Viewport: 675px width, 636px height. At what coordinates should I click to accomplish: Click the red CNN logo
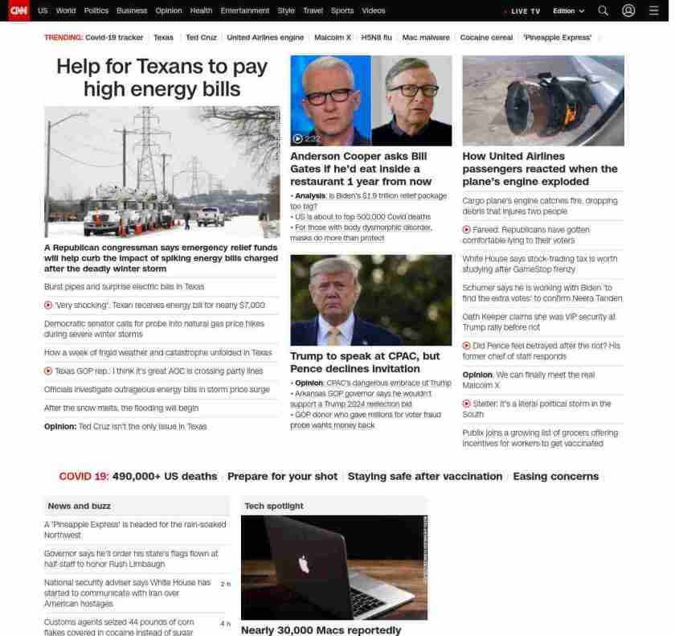tap(18, 10)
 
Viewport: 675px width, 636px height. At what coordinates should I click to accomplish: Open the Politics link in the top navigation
tap(96, 11)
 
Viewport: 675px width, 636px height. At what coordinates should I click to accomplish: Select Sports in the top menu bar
tap(342, 11)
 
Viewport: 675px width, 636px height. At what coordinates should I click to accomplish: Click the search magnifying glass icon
tap(603, 10)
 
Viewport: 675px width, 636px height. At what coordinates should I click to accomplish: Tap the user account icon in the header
tap(628, 10)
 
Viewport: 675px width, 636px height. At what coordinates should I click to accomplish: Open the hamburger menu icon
tap(653, 10)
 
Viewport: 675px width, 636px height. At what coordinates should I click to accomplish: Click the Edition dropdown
tap(568, 11)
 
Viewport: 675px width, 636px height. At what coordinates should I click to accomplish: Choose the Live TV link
tap(524, 11)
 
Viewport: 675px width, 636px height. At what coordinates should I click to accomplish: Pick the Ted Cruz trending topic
tap(200, 38)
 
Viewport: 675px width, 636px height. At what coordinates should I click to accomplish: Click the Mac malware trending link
tap(426, 38)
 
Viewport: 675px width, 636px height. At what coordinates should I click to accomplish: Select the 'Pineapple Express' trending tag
tap(557, 38)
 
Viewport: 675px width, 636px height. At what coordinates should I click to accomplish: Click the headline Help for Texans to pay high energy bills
tap(162, 77)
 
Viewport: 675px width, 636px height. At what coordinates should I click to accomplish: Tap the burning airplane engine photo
tap(543, 101)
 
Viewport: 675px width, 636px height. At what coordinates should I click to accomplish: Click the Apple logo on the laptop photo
tap(304, 565)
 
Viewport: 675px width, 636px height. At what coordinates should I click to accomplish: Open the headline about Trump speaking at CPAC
tap(365, 362)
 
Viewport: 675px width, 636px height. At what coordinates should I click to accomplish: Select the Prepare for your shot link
tap(282, 477)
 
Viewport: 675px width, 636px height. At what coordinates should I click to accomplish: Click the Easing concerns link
tap(555, 477)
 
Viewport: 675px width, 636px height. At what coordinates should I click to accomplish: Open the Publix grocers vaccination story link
tap(539, 437)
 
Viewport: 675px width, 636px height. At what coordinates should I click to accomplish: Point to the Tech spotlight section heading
tap(274, 506)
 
